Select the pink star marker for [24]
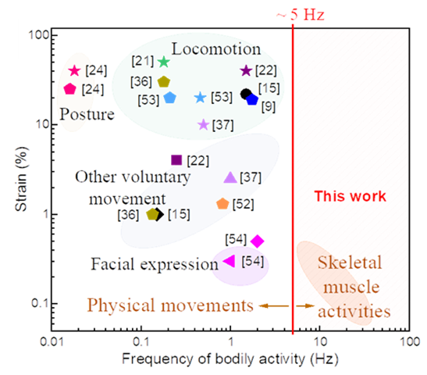tap(75, 71)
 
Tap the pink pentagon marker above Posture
tap(69, 89)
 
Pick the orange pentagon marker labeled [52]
tap(222, 204)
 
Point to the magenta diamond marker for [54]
tap(258, 241)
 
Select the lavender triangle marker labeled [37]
tap(230, 178)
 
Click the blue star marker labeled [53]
tap(200, 98)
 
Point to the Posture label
tap(87, 115)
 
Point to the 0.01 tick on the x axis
tap(52, 342)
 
